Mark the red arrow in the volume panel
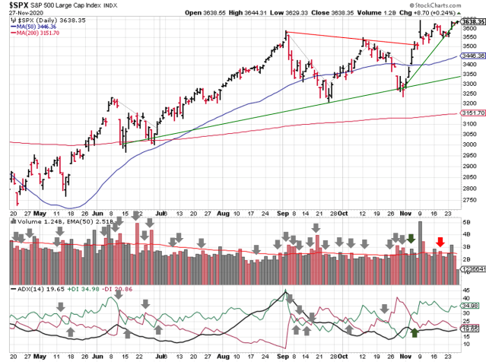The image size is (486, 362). (439, 243)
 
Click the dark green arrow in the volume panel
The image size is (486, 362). (411, 239)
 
